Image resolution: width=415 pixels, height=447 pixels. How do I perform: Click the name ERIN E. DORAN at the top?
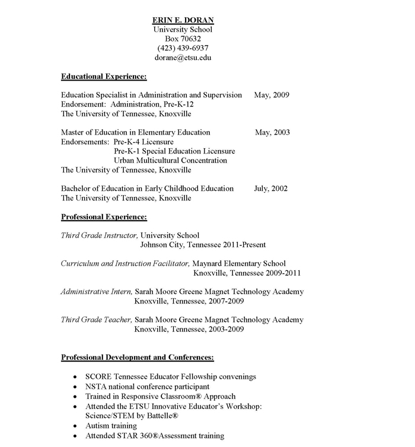pos(183,20)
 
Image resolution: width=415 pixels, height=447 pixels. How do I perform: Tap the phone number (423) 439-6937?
pos(183,48)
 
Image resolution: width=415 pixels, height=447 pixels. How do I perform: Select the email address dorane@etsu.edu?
pos(183,58)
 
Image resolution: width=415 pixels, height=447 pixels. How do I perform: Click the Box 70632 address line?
pos(183,39)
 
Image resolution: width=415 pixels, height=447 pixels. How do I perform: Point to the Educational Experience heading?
pos(104,76)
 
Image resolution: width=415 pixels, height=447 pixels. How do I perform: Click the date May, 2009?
pos(272,95)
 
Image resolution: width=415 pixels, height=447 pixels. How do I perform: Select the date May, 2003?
pos(272,132)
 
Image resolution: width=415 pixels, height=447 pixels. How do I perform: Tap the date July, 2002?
pos(271,189)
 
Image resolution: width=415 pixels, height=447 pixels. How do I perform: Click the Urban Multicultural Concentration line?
pos(170,161)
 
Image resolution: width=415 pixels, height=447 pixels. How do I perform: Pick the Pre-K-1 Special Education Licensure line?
pos(174,151)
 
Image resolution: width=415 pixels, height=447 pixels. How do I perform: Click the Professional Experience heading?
pos(104,217)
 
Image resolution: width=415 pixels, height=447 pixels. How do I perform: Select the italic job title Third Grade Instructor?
pos(99,235)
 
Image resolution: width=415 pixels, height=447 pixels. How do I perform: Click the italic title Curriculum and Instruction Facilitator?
pos(125,263)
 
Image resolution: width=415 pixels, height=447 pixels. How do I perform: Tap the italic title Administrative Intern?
pos(96,292)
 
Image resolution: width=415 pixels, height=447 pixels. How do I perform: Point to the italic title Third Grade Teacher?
pos(96,320)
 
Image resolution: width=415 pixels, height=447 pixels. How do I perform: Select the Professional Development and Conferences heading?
pos(138,357)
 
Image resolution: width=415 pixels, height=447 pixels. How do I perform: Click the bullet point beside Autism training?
pos(74,426)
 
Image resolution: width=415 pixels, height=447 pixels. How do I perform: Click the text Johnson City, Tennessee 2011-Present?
pos(203,245)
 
